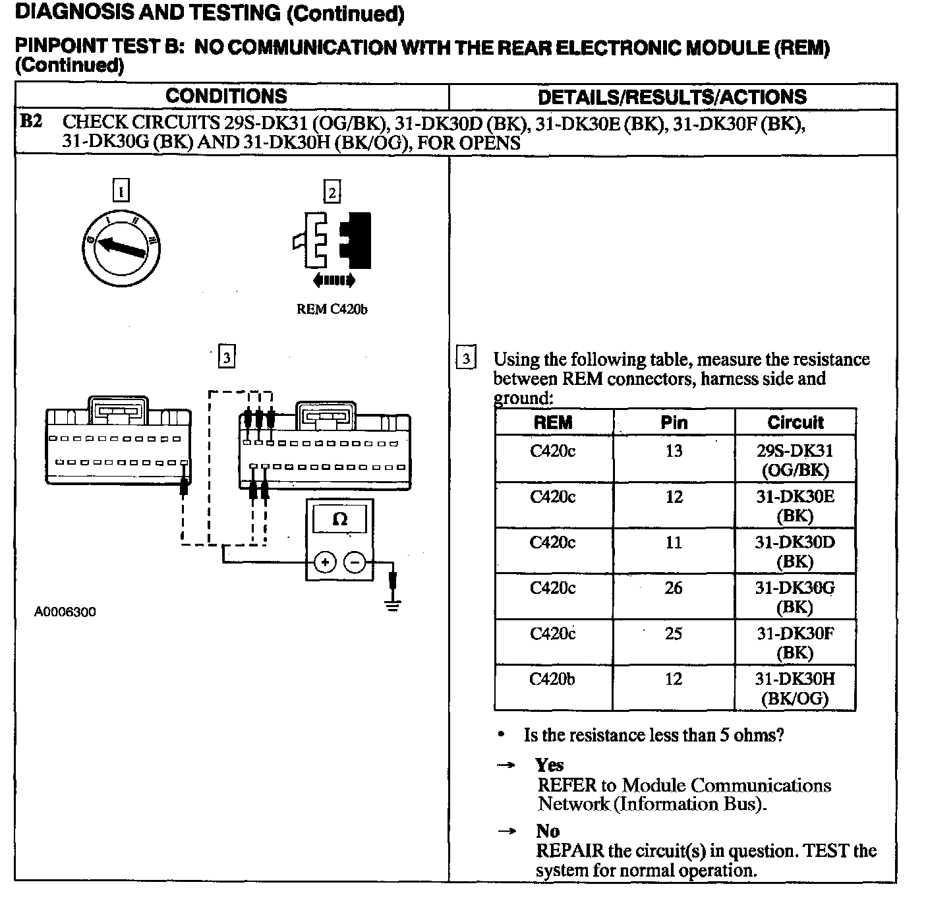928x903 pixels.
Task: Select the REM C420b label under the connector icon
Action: click(x=332, y=309)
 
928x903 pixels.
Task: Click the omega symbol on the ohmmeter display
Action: click(x=340, y=519)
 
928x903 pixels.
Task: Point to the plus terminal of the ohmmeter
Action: click(x=324, y=562)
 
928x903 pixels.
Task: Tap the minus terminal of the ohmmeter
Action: click(x=355, y=562)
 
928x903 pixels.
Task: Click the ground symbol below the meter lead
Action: click(x=393, y=606)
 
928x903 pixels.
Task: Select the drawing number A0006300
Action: click(x=65, y=612)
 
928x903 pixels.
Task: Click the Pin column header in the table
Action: click(x=674, y=422)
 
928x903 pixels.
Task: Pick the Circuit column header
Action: click(x=795, y=422)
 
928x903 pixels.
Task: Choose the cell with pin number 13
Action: click(x=674, y=451)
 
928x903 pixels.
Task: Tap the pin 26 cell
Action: click(x=674, y=588)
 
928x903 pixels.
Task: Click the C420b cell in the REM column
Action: click(x=552, y=679)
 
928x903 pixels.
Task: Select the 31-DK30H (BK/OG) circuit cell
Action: click(x=795, y=688)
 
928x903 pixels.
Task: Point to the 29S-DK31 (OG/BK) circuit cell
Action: click(x=795, y=460)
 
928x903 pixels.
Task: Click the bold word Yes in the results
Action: click(x=550, y=765)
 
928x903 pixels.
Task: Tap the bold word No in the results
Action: click(x=548, y=831)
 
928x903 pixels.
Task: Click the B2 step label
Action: click(x=31, y=122)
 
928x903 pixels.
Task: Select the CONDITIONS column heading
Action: click(x=226, y=96)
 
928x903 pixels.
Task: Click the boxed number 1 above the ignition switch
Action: click(x=121, y=191)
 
